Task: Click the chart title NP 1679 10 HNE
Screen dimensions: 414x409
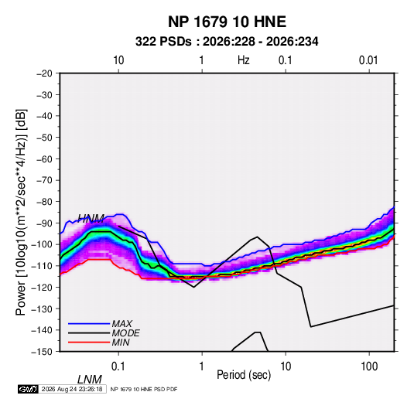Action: (227, 22)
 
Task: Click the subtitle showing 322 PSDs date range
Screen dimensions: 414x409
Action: (227, 42)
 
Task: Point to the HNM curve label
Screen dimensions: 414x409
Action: (91, 219)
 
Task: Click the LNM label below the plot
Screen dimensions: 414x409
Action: (89, 380)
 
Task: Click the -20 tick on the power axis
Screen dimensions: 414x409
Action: (44, 73)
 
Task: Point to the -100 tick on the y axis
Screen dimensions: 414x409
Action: (42, 244)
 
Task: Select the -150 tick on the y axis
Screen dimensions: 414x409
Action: (42, 352)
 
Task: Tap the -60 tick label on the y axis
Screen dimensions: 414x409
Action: (44, 158)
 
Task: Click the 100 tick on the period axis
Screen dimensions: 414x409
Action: (369, 366)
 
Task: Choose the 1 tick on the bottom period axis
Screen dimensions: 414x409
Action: (201, 366)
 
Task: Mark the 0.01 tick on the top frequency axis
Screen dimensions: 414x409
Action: (368, 60)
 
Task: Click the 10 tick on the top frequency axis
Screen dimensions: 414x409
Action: (118, 60)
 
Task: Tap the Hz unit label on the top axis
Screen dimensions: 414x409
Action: (244, 60)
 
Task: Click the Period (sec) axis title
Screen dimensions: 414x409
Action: (244, 375)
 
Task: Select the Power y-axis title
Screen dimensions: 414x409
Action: (21, 212)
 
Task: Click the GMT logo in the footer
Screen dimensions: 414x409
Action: (29, 389)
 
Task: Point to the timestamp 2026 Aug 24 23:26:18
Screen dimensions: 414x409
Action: (72, 389)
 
